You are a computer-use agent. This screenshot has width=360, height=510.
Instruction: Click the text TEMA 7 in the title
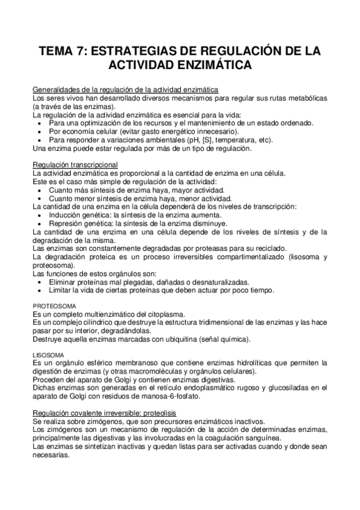point(61,52)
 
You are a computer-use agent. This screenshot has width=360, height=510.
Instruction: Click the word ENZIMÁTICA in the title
point(213,65)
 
